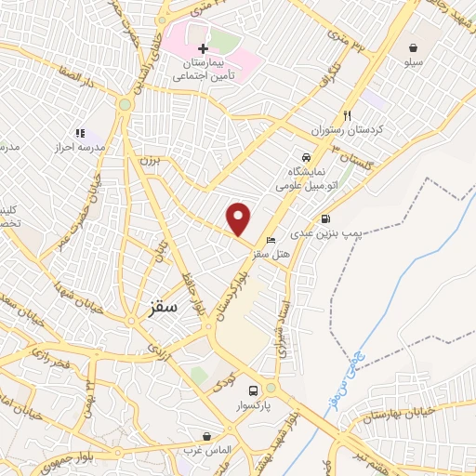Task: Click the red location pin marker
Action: pyautogui.click(x=239, y=218)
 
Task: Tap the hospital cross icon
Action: pyautogui.click(x=203, y=47)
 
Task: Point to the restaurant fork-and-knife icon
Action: pyautogui.click(x=347, y=116)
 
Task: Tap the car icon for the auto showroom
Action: pyautogui.click(x=307, y=156)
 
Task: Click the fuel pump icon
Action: pyautogui.click(x=324, y=219)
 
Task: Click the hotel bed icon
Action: pyautogui.click(x=271, y=241)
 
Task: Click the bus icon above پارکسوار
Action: pyautogui.click(x=254, y=390)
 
